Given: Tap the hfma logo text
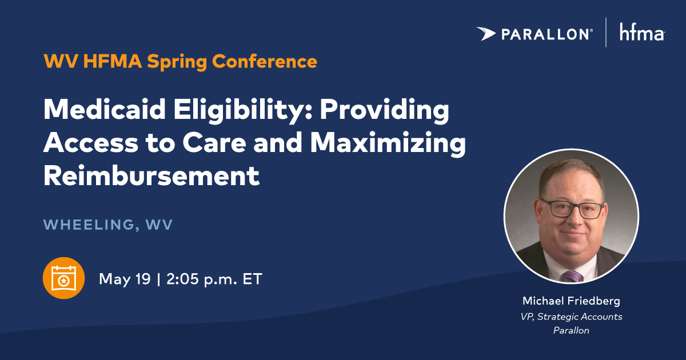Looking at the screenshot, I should [x=641, y=34].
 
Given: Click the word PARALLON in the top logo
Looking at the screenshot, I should [x=546, y=35].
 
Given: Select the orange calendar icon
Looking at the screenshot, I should [x=63, y=278].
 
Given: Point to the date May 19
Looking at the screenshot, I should [x=125, y=279].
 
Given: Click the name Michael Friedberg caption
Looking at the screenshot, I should [x=571, y=301].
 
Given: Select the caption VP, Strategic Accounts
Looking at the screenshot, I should [x=571, y=317].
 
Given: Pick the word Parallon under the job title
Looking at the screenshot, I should [x=571, y=330].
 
